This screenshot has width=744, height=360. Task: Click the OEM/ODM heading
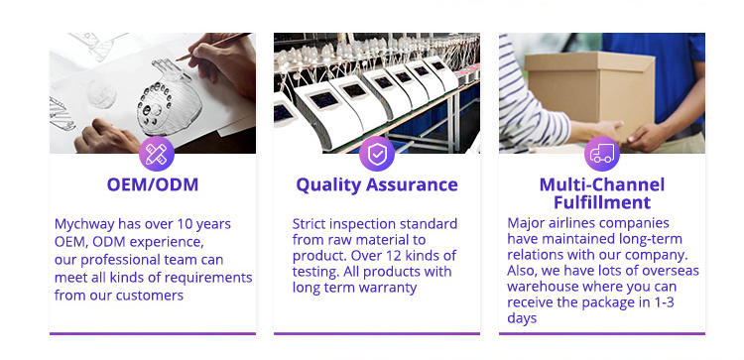[153, 184]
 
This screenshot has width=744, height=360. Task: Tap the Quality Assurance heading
[377, 185]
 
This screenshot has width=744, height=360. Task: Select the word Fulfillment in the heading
[602, 202]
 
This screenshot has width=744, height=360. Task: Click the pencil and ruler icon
[156, 154]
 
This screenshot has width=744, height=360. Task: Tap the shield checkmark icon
[377, 154]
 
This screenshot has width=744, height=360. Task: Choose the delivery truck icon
[602, 154]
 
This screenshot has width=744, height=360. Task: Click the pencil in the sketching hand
[213, 47]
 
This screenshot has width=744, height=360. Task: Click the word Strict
[309, 223]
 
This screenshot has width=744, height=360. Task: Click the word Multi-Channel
[602, 184]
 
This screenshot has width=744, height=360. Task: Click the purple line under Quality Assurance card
[377, 334]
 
